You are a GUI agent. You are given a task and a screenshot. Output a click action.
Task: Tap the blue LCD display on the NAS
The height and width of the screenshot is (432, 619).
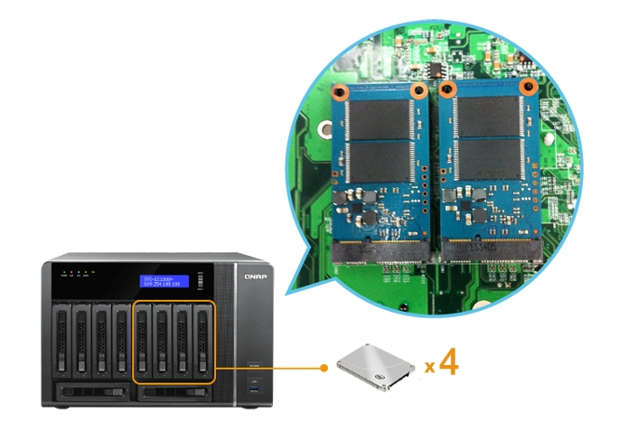tap(164, 282)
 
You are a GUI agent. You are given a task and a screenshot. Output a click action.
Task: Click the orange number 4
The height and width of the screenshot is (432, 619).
tap(448, 364)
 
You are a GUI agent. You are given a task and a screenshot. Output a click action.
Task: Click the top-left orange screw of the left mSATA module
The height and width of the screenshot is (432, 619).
tap(338, 92)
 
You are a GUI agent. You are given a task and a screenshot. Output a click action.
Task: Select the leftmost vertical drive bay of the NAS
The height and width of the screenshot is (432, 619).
tap(61, 342)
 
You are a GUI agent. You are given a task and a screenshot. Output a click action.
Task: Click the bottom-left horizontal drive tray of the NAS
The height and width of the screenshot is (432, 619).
tap(90, 392)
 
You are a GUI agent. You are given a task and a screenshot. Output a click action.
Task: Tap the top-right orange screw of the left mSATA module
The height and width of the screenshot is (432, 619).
tap(417, 91)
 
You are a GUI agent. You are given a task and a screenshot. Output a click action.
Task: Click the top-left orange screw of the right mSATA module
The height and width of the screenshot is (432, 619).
tap(446, 89)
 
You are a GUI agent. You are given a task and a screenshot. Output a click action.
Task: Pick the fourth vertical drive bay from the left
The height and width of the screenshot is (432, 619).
tap(120, 342)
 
